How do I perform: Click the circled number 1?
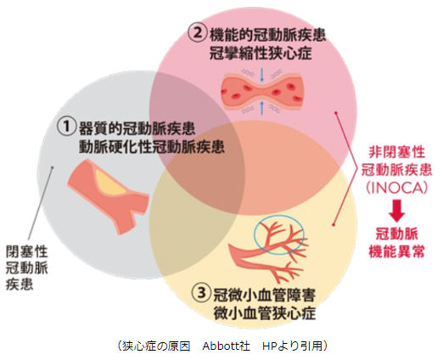(x=67, y=127)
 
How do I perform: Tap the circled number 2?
(x=198, y=33)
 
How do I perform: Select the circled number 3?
(x=201, y=293)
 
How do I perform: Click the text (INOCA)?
(x=396, y=188)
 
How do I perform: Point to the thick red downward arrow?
(x=396, y=211)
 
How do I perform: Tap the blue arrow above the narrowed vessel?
(x=261, y=75)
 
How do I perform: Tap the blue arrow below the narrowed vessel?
(x=261, y=109)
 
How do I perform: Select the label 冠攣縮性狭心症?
(x=261, y=53)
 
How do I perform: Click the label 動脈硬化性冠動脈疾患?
(x=152, y=146)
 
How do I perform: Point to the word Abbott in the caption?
(x=222, y=346)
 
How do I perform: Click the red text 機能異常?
(x=396, y=250)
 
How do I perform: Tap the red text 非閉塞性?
(x=396, y=153)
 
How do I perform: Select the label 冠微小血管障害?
(x=264, y=295)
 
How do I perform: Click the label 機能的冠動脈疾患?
(x=268, y=35)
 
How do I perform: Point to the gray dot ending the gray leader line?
(x=52, y=167)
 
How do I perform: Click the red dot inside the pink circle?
(x=336, y=113)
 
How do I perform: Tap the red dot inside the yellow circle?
(x=334, y=225)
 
